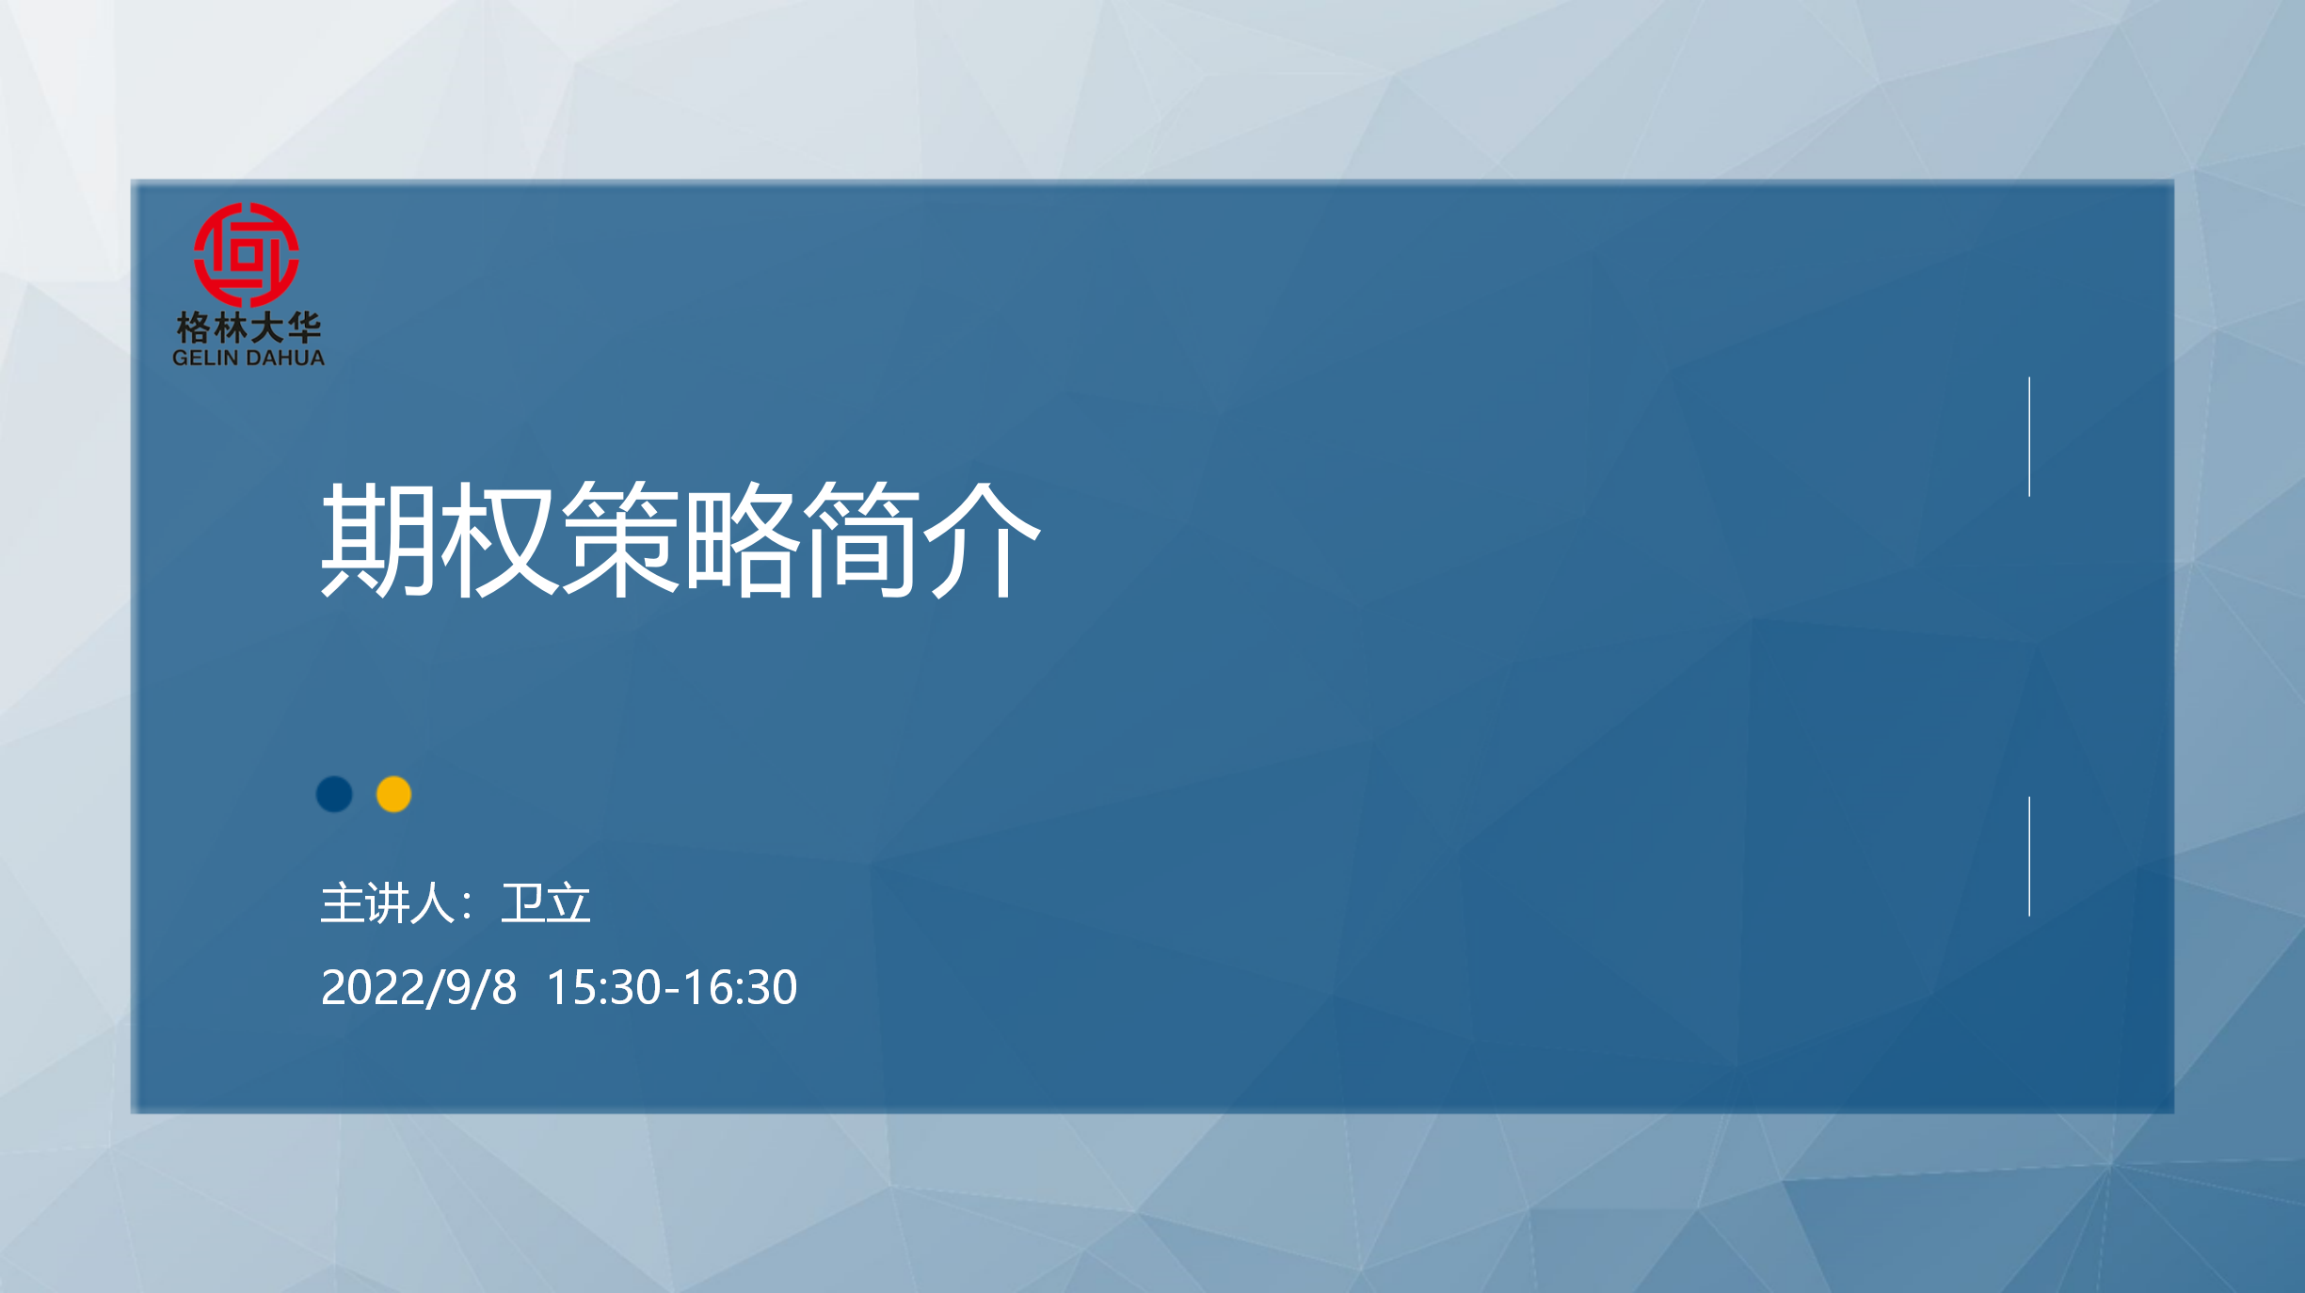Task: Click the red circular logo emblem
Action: point(247,254)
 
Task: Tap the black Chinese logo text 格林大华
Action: point(248,327)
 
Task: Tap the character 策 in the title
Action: point(619,538)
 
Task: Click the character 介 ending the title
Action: point(982,538)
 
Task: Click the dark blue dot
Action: point(334,794)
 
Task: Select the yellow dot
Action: point(393,794)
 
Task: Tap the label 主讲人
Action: point(388,903)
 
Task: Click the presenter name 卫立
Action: point(545,903)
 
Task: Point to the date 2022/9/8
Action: point(419,988)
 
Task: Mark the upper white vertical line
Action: point(2029,437)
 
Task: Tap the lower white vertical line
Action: point(2029,856)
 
